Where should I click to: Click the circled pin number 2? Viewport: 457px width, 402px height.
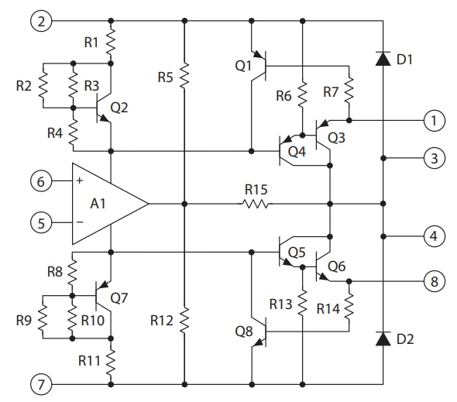pyautogui.click(x=42, y=21)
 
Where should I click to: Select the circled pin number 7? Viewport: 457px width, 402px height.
pyautogui.click(x=42, y=383)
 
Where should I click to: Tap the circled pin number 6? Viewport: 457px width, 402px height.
pyautogui.click(x=42, y=182)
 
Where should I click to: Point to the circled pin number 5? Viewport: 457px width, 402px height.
pyautogui.click(x=42, y=223)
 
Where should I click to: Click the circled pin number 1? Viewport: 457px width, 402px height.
pyautogui.click(x=435, y=120)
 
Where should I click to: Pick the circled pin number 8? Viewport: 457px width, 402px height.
pyautogui.click(x=435, y=281)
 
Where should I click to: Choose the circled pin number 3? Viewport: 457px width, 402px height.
pyautogui.click(x=435, y=160)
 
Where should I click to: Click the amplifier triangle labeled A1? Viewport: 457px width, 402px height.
pyautogui.click(x=105, y=203)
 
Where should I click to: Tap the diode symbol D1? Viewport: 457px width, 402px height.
pyautogui.click(x=383, y=59)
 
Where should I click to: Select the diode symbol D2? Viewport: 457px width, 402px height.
pyautogui.click(x=383, y=338)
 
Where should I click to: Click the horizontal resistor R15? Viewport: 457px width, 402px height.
pyautogui.click(x=256, y=204)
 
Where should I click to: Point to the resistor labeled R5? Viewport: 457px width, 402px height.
pyautogui.click(x=184, y=76)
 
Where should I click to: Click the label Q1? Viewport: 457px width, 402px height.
pyautogui.click(x=243, y=66)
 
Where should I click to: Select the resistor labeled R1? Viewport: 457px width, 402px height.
pyautogui.click(x=111, y=42)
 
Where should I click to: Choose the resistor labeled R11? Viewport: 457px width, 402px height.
pyautogui.click(x=111, y=359)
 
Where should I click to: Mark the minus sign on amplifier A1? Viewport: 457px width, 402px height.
pyautogui.click(x=80, y=223)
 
